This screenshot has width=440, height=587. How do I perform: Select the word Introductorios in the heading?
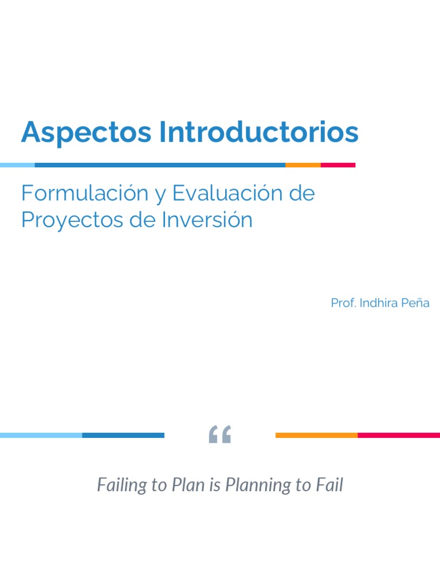[259, 132]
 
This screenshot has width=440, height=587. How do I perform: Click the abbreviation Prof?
[343, 303]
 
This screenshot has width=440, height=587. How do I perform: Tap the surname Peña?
[416, 303]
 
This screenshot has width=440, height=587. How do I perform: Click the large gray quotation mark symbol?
[220, 435]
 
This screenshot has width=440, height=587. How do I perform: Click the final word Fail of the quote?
[329, 485]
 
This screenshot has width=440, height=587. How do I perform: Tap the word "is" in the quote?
[215, 485]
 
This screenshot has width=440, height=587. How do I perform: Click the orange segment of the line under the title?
[303, 165]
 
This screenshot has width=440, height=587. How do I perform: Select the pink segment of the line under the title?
[338, 165]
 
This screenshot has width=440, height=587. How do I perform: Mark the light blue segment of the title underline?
[17, 165]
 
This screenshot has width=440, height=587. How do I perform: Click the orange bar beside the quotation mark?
[316, 435]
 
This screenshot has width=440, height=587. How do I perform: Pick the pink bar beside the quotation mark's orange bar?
[399, 435]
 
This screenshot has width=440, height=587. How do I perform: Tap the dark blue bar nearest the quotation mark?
[123, 435]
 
